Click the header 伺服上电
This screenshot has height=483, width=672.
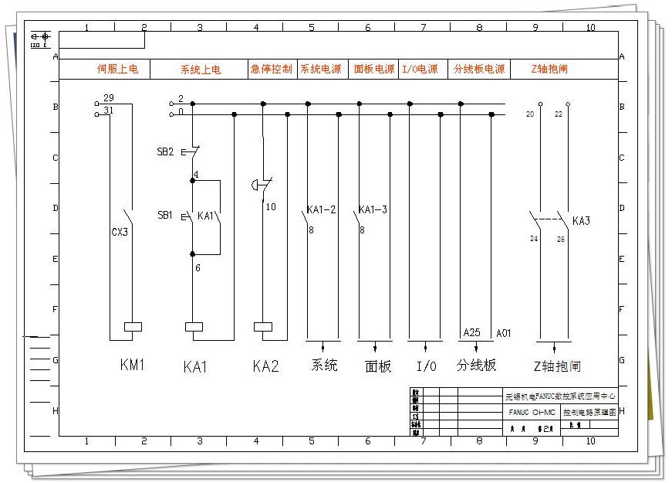click(x=117, y=69)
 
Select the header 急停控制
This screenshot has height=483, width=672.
click(x=272, y=69)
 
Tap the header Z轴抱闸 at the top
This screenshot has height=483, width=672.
click(x=549, y=69)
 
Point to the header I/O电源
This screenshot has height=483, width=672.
click(x=420, y=69)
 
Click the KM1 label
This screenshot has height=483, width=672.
click(x=132, y=366)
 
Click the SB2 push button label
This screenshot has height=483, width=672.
click(x=165, y=152)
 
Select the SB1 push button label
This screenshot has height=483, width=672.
click(x=165, y=215)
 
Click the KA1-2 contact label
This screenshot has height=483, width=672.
click(x=321, y=210)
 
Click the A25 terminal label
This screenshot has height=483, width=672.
click(x=471, y=332)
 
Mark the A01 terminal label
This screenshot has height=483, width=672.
click(x=504, y=332)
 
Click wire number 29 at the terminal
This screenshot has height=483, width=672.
click(x=108, y=98)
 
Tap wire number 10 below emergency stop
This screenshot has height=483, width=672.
click(x=270, y=207)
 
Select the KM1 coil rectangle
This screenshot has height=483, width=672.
click(x=133, y=326)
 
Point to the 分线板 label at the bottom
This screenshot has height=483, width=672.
click(x=476, y=366)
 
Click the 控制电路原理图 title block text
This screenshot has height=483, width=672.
click(x=589, y=413)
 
